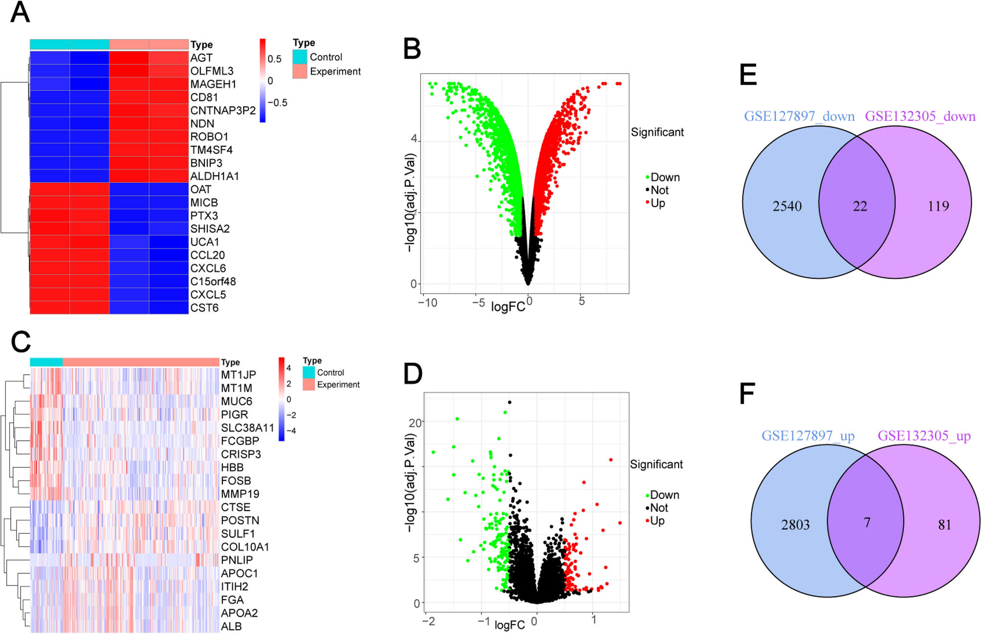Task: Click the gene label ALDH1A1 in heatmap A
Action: point(214,176)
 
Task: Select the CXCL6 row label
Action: point(208,268)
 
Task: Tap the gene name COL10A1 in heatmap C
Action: point(245,547)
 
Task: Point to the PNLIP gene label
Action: point(237,560)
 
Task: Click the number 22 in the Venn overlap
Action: point(860,206)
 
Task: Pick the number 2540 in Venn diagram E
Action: point(787,206)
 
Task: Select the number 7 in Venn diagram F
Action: point(867,523)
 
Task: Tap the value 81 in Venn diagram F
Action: point(944,525)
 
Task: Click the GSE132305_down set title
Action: point(920,116)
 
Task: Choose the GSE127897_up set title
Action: point(808,435)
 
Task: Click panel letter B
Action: point(412,49)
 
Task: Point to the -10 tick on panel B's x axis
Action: point(427,303)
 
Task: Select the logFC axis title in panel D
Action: point(509,625)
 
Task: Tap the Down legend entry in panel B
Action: point(665,177)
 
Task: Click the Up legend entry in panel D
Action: point(657,521)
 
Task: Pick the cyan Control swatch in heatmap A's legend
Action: point(300,57)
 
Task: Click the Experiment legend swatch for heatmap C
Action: point(309,385)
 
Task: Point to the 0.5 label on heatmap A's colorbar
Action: point(274,59)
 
